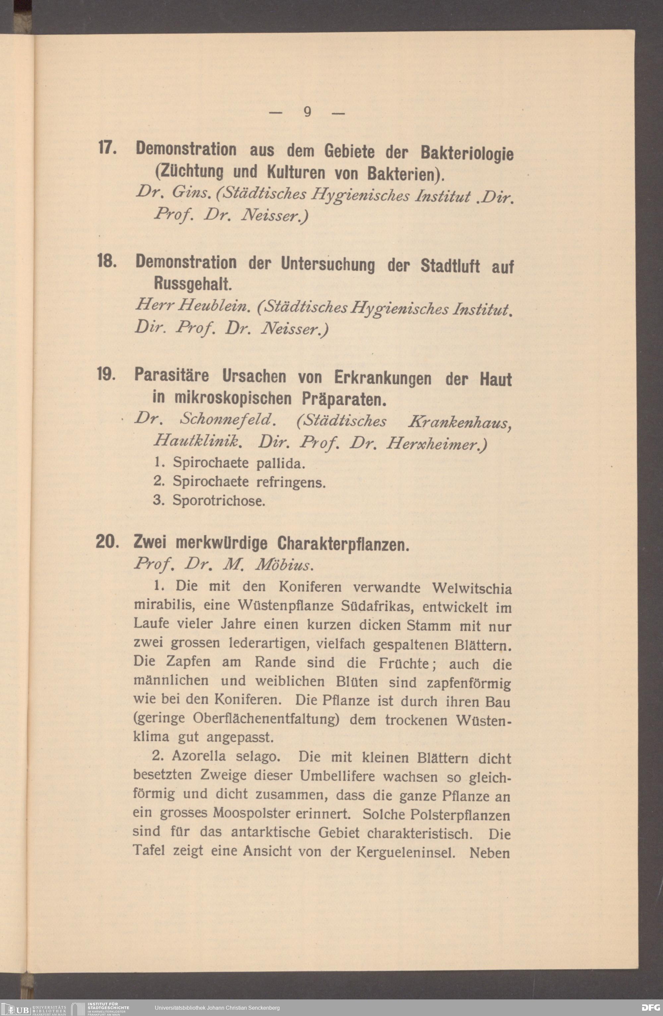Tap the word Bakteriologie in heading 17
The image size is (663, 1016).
[467, 154]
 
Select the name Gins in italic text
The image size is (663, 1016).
[190, 193]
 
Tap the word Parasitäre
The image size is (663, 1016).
[172, 375]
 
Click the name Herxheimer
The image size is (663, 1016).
[436, 445]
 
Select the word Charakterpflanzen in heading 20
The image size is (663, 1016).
[343, 544]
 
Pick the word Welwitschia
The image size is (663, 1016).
[471, 589]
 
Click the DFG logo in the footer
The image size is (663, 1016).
[651, 1007]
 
